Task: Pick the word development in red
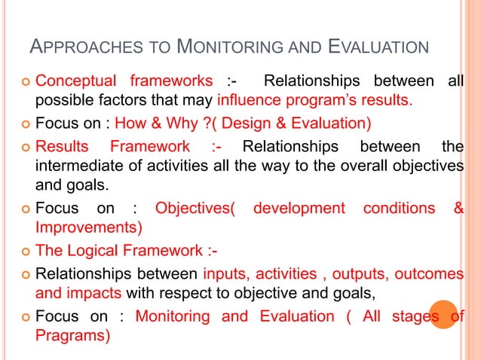tap(299, 208)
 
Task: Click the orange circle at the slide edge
tap(445, 315)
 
